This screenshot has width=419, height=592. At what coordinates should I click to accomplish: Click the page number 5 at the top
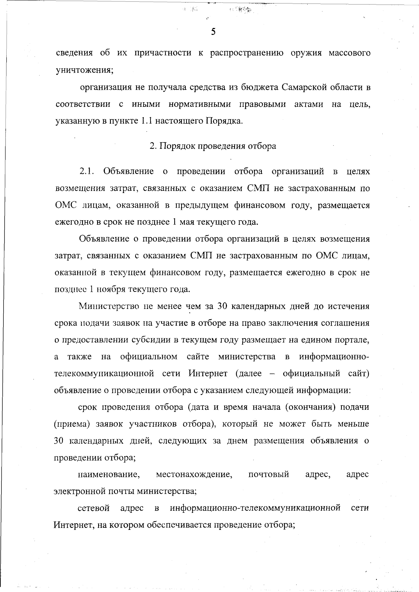click(213, 32)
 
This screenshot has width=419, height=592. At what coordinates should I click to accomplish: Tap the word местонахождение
click(194, 474)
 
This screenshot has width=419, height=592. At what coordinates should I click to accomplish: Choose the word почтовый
click(269, 474)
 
